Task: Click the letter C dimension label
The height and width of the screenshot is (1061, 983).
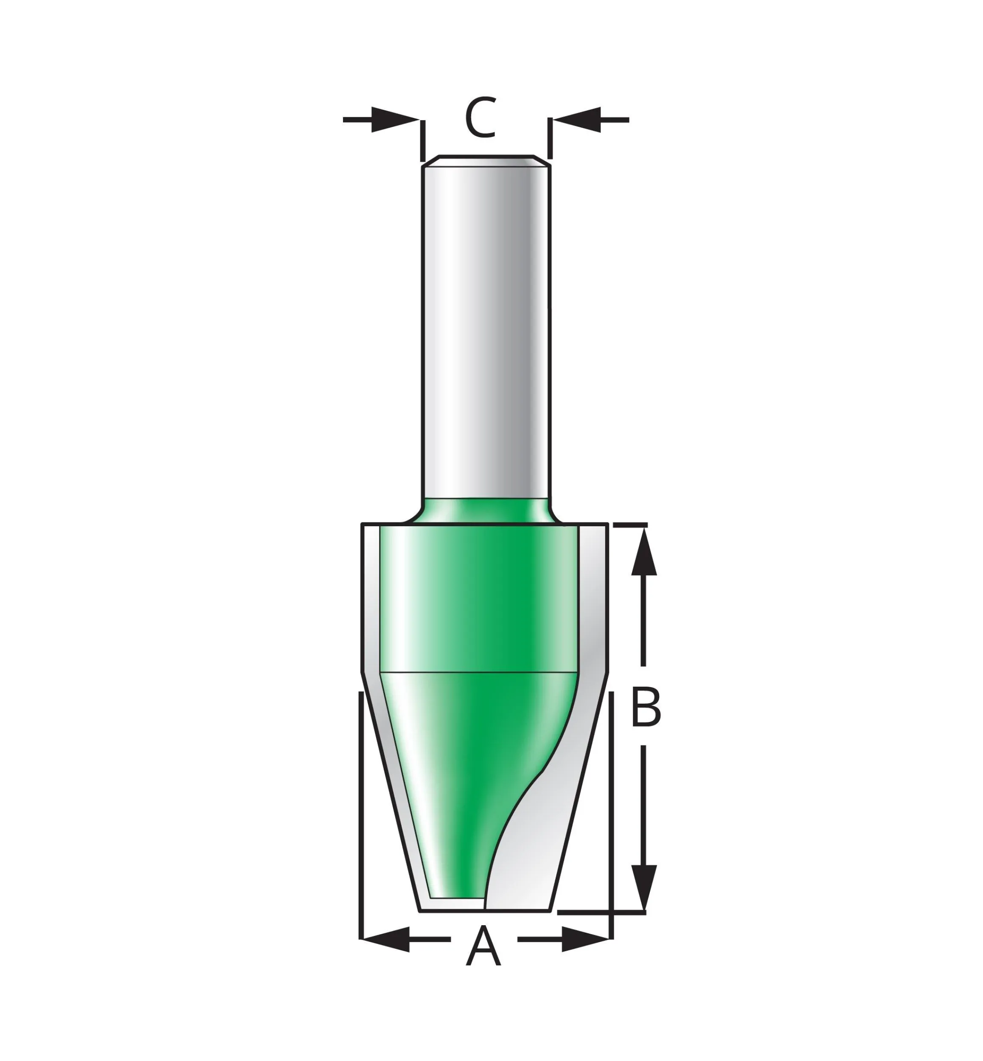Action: pyautogui.click(x=480, y=118)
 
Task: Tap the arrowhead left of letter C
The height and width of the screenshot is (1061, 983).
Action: pyautogui.click(x=395, y=120)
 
